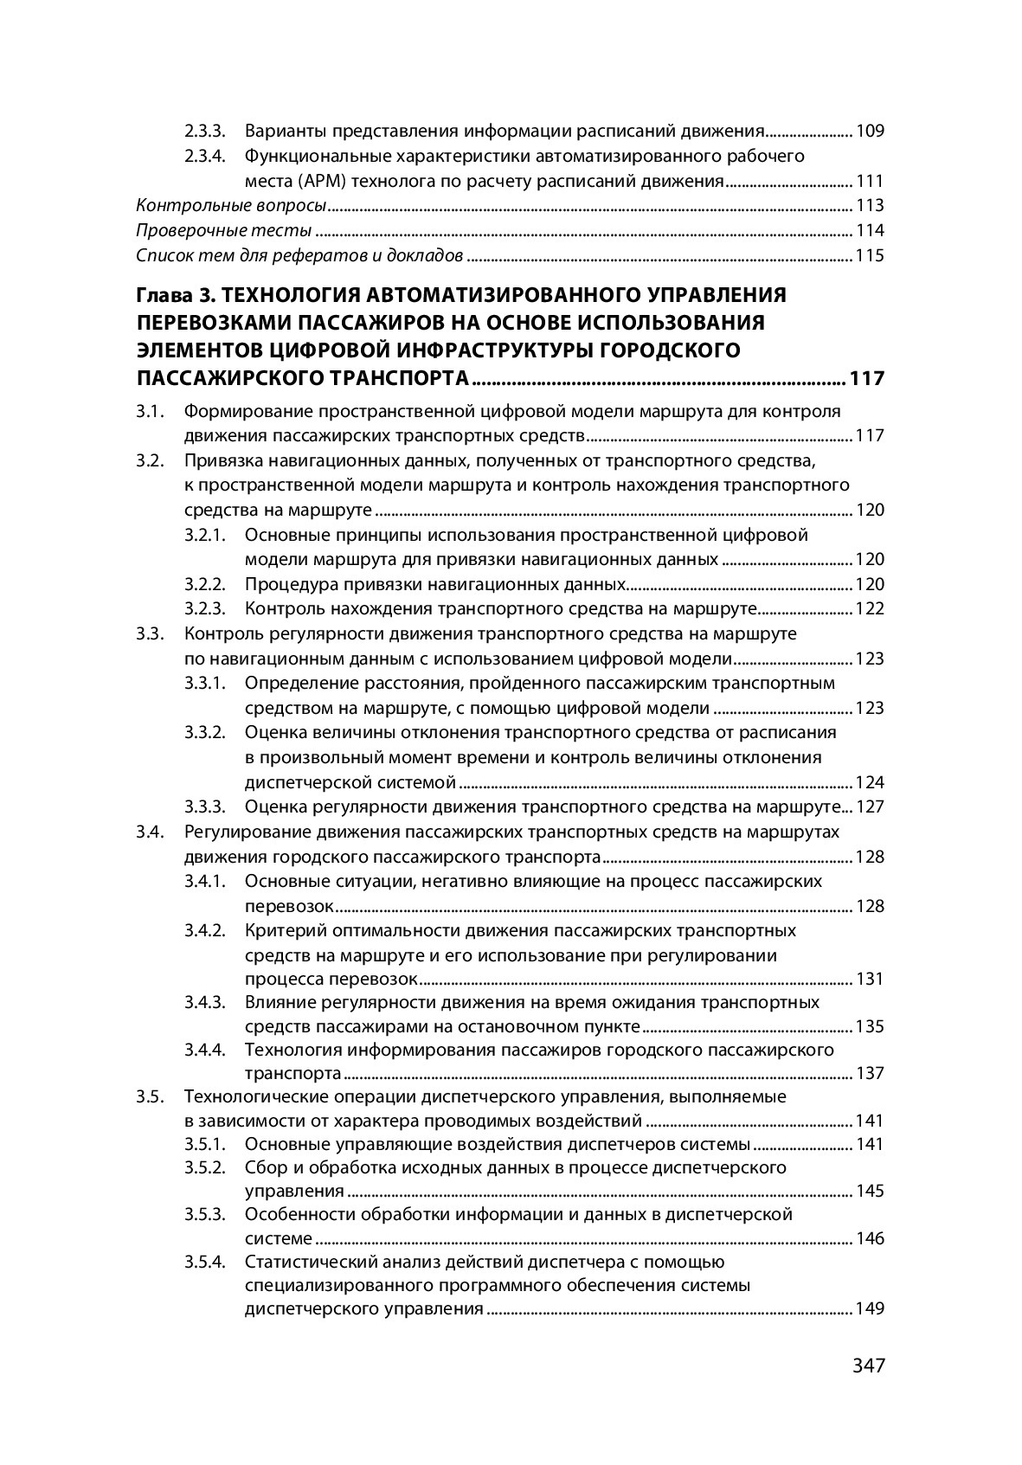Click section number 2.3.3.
[205, 132]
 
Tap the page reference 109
[869, 132]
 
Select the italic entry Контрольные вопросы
[232, 206]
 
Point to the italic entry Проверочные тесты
[224, 231]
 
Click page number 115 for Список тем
[869, 256]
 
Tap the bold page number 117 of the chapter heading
[867, 378]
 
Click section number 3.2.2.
[205, 583]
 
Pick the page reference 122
[869, 608]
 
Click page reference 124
[869, 783]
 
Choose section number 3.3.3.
[205, 807]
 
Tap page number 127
[869, 807]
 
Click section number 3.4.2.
[205, 930]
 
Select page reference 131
[869, 980]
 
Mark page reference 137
[869, 1074]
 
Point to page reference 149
[869, 1308]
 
